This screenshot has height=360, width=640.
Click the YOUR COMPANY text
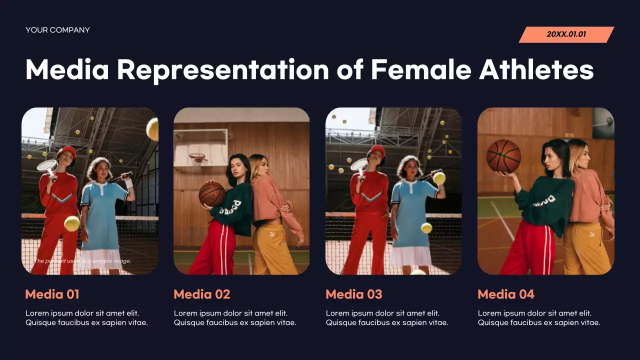(x=57, y=30)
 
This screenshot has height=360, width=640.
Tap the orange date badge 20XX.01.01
(x=566, y=34)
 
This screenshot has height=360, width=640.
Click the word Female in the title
(x=420, y=69)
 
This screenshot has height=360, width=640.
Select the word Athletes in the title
(x=536, y=69)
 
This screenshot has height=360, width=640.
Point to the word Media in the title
(x=67, y=69)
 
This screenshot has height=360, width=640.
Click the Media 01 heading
(x=52, y=294)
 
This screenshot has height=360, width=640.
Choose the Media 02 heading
(x=202, y=294)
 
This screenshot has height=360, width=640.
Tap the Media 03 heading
(x=354, y=294)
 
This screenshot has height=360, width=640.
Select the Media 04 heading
(x=506, y=294)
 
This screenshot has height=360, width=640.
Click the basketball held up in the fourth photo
(x=503, y=156)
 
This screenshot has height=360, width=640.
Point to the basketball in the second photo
(x=211, y=194)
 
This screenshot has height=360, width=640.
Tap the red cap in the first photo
(x=67, y=151)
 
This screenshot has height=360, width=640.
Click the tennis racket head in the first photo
(x=47, y=166)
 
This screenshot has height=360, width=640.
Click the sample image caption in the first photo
(x=82, y=261)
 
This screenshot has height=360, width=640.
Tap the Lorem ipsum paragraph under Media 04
(x=539, y=318)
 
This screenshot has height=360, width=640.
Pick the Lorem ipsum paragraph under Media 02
(x=235, y=318)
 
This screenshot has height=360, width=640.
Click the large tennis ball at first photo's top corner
(x=153, y=128)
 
